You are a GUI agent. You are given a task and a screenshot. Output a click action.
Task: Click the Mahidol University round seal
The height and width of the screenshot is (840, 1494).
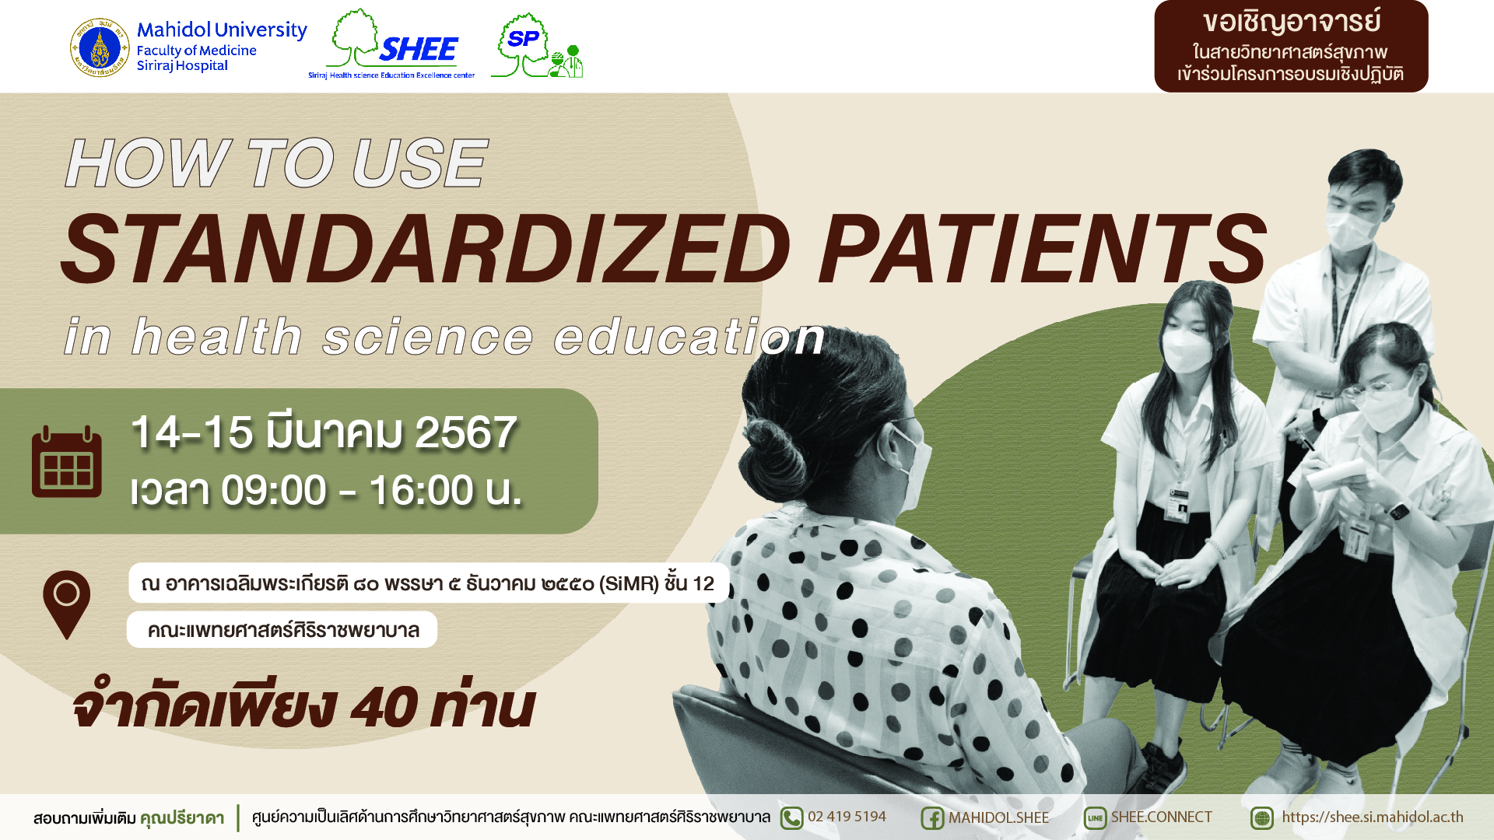(x=100, y=48)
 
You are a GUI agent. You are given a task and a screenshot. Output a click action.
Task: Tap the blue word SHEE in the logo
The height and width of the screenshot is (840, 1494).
(x=419, y=50)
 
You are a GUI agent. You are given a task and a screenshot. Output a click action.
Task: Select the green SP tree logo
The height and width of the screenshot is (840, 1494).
(x=537, y=45)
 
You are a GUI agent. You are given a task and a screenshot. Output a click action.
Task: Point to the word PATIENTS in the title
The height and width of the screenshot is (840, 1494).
(x=1043, y=249)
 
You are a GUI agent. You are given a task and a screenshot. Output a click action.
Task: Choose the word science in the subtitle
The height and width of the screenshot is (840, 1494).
(x=428, y=336)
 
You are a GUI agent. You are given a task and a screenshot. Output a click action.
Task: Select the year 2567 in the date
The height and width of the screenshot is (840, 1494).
(x=466, y=432)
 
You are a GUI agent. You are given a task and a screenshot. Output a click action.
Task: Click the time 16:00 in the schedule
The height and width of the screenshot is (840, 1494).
(x=421, y=491)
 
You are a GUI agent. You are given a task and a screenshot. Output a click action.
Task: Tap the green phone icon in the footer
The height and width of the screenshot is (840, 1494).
(x=791, y=818)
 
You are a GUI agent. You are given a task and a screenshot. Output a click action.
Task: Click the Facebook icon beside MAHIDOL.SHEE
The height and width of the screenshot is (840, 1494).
(x=932, y=818)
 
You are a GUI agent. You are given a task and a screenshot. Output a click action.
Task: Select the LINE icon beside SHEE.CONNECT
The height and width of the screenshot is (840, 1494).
(x=1095, y=818)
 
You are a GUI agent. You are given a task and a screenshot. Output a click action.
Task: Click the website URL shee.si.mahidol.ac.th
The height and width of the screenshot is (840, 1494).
(x=1373, y=817)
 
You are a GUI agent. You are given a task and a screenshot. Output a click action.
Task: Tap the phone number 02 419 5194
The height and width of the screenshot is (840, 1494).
(x=847, y=817)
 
